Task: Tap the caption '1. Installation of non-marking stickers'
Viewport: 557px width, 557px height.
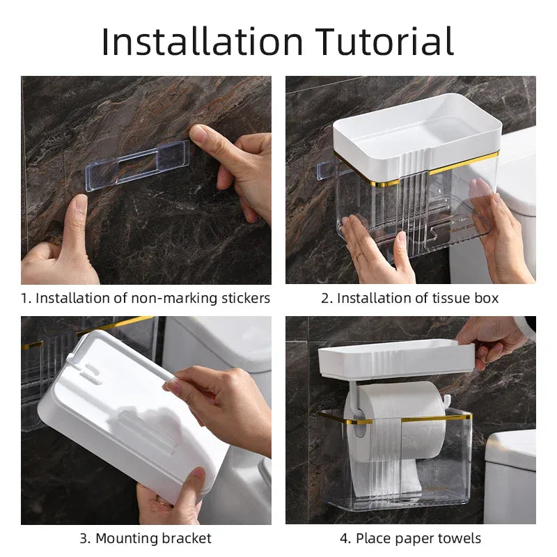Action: pyautogui.click(x=146, y=299)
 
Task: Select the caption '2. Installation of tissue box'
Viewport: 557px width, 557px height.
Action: pyautogui.click(x=410, y=299)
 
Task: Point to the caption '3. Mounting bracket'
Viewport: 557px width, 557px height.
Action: pyautogui.click(x=146, y=538)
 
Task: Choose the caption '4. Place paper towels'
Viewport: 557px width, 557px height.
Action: pyautogui.click(x=410, y=538)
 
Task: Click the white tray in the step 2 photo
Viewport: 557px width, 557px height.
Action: pyautogui.click(x=418, y=136)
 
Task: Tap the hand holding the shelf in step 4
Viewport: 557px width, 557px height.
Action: pyautogui.click(x=491, y=334)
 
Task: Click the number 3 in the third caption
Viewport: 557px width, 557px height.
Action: pyautogui.click(x=84, y=538)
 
